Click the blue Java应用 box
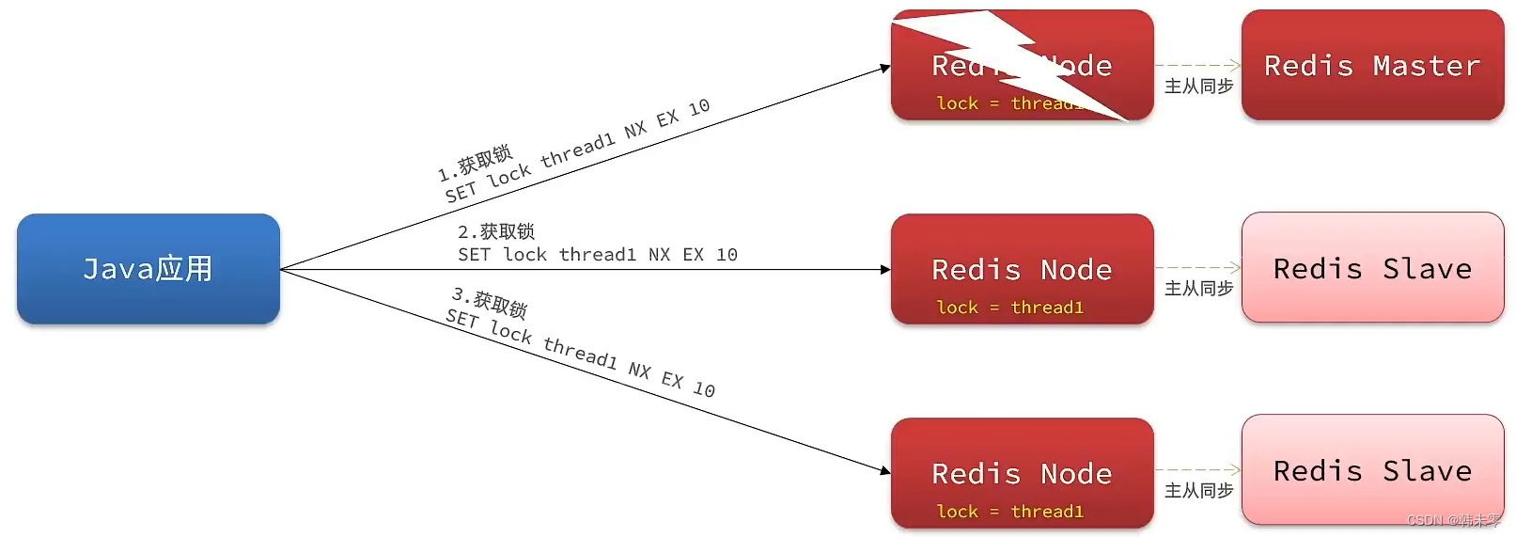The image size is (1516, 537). (148, 269)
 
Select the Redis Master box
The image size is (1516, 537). (1371, 66)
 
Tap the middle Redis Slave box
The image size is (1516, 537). (1371, 268)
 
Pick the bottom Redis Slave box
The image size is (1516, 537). (1371, 470)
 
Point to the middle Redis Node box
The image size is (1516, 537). (1022, 269)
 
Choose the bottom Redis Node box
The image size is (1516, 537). (1022, 473)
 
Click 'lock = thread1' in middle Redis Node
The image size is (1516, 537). (1009, 308)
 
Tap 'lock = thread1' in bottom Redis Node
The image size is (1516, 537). (1009, 512)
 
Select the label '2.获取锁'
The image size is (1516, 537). (495, 231)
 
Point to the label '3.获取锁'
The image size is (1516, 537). (490, 303)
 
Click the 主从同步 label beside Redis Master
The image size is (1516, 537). (1198, 87)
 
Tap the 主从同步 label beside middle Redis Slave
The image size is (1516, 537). (1198, 289)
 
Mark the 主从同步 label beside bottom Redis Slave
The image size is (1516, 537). (1198, 491)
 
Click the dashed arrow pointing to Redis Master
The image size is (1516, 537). (1197, 66)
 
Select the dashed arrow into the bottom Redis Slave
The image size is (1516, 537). (1197, 469)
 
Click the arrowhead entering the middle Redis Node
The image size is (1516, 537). (885, 270)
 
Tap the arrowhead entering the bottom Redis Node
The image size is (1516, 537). (884, 470)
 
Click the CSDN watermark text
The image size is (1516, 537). (1453, 521)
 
